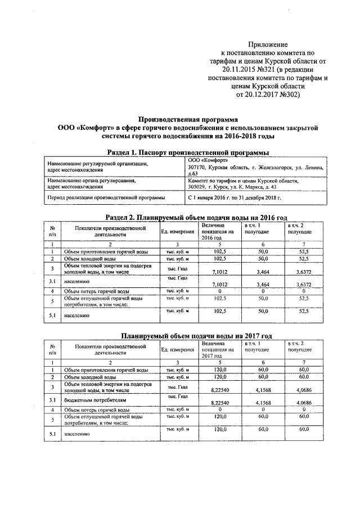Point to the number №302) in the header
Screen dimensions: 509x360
[x=289, y=95]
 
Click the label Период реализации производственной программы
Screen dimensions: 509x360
[x=106, y=198]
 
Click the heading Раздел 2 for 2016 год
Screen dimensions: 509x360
[x=190, y=217]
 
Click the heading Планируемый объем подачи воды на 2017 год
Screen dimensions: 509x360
[x=190, y=335]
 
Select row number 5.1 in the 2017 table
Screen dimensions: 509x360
[x=52, y=434]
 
